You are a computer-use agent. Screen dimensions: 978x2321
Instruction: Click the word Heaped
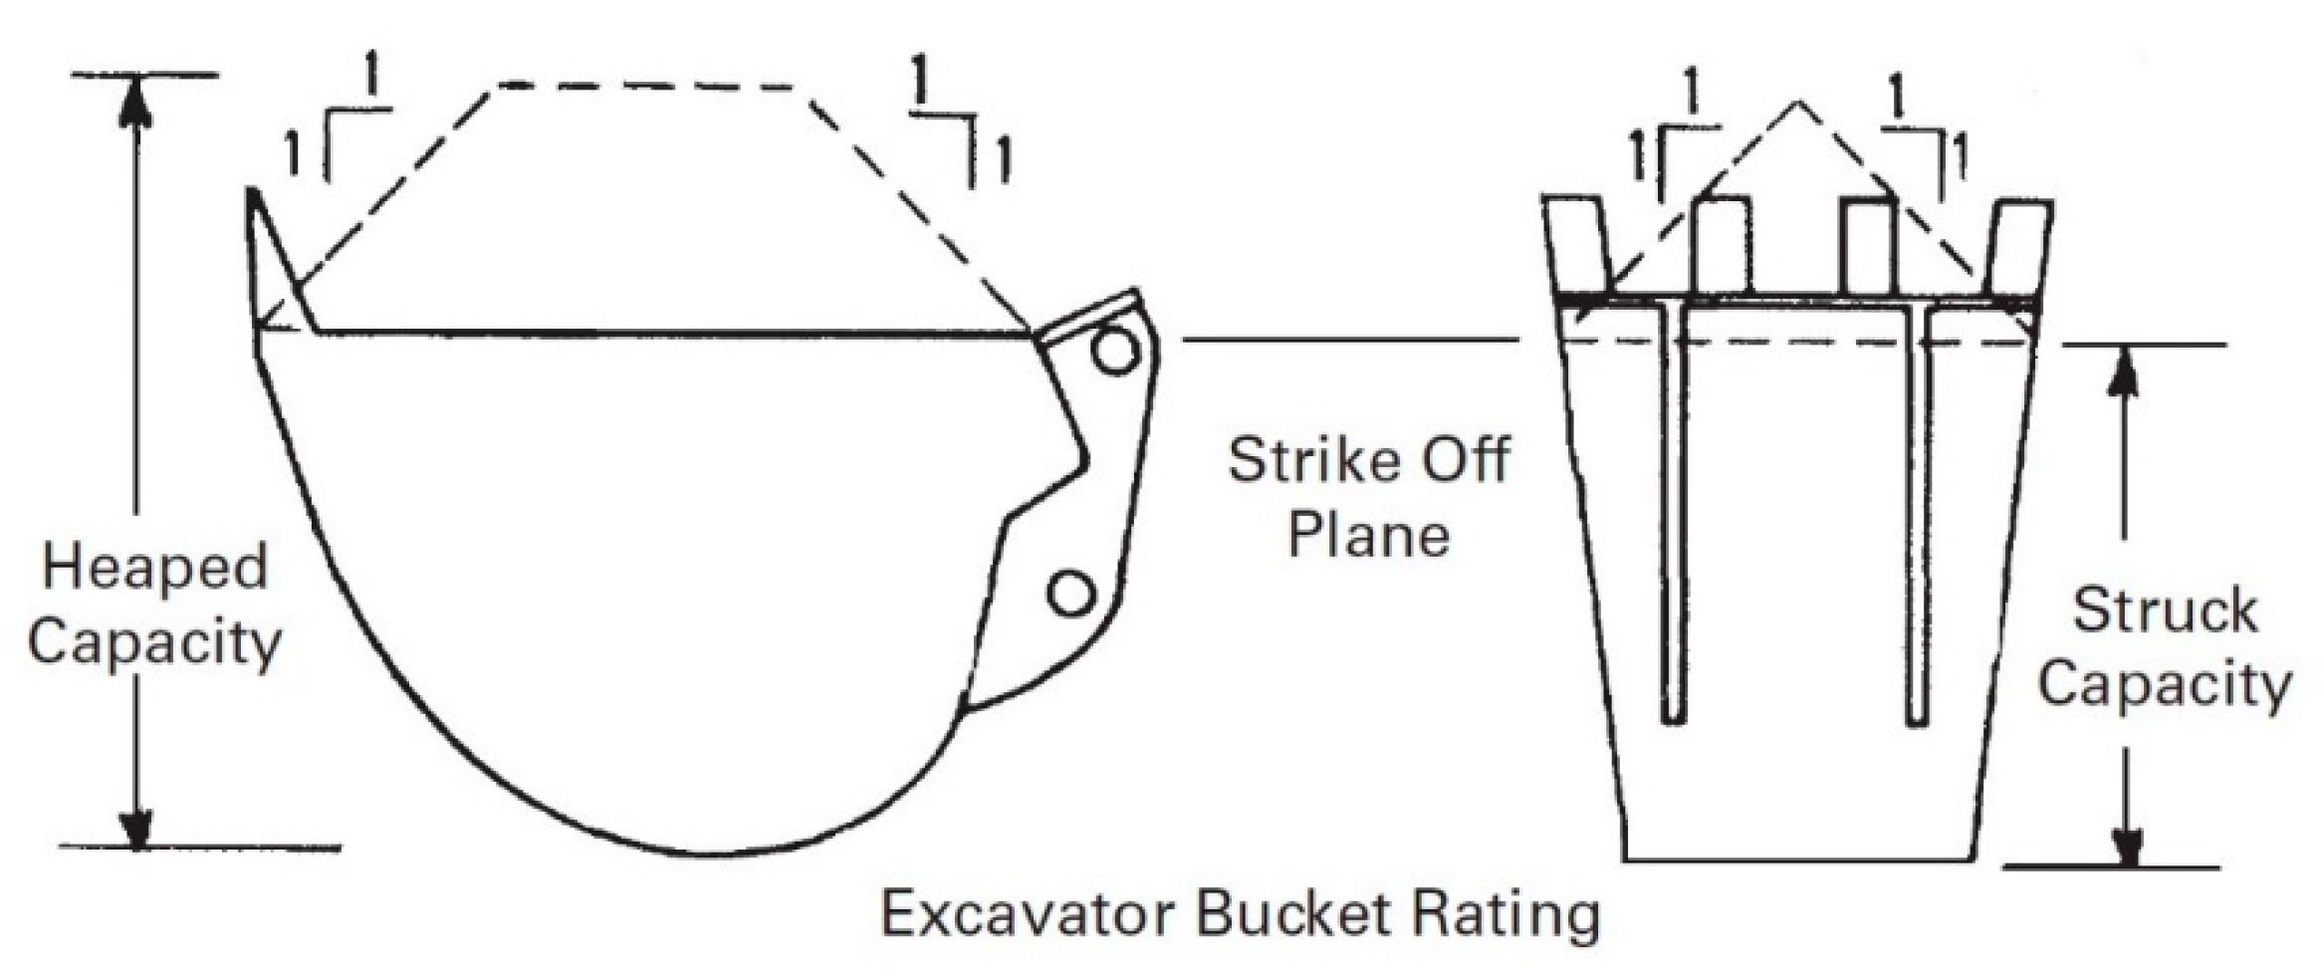coord(155,569)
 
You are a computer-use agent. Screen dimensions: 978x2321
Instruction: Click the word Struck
coord(2164,611)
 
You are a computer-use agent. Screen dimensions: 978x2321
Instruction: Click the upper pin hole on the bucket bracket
coord(1114,351)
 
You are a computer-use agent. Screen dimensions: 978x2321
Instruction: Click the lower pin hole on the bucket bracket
coord(1070,594)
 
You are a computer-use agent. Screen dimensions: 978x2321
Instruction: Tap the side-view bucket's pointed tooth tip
coord(254,193)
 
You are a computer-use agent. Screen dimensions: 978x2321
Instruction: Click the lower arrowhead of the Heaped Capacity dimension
coord(136,827)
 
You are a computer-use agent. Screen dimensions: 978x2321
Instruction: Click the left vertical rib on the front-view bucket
coord(1673,518)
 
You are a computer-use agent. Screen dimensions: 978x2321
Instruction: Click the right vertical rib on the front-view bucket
coord(1917,518)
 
